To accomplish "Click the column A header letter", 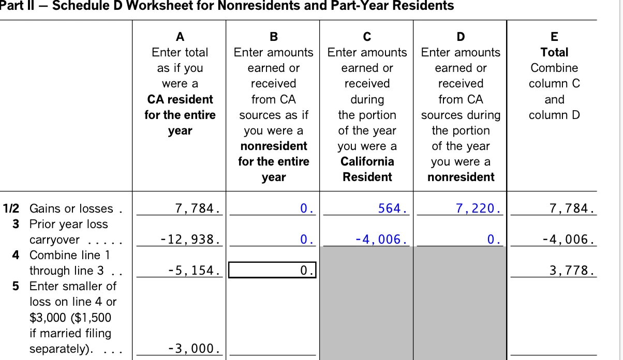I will click(180, 37).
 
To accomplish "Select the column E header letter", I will click(554, 37).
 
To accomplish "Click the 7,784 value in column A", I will click(198, 209).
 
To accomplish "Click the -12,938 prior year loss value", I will click(191, 240).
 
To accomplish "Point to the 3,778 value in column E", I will click(571, 271).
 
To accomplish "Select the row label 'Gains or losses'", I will click(71, 209).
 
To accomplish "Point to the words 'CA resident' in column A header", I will click(180, 99).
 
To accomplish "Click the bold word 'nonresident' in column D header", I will click(461, 177).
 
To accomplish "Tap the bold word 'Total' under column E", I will click(554, 52).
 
